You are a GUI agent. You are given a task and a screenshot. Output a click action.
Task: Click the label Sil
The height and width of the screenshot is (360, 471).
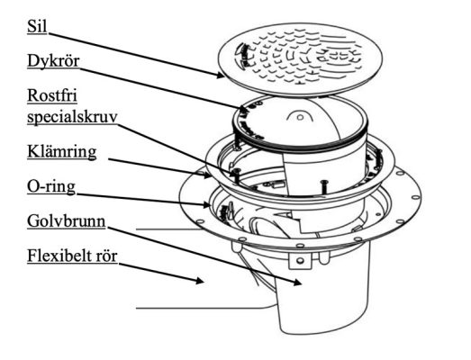tap(37, 26)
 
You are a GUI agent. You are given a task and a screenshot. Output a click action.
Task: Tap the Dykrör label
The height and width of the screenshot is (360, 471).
tap(53, 61)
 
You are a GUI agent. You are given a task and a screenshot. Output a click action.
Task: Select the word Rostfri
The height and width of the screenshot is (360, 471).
tap(52, 95)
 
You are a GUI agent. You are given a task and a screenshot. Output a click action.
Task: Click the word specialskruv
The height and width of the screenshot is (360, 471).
tap(72, 117)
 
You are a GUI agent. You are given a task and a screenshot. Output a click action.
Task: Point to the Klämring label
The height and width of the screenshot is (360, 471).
tap(61, 152)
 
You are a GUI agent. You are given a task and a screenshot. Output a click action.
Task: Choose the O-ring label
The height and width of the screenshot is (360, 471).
tap(51, 186)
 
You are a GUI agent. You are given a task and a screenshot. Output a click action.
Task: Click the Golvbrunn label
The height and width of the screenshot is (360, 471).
tap(66, 221)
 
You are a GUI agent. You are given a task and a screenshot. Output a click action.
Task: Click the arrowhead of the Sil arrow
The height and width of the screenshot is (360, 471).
tap(221, 75)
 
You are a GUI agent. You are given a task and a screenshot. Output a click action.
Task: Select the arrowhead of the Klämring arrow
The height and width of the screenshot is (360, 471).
tap(207, 175)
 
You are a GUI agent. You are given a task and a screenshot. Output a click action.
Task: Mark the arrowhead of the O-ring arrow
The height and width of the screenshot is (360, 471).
tap(205, 205)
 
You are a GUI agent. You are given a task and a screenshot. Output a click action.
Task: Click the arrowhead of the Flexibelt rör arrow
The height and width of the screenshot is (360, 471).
tap(200, 281)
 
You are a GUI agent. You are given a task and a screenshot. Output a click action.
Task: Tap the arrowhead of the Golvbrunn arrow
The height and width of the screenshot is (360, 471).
tap(298, 283)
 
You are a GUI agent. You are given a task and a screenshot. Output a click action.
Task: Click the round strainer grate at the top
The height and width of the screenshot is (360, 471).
tap(301, 58)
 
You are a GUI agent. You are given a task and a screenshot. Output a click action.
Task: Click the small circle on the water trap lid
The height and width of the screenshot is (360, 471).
tap(300, 117)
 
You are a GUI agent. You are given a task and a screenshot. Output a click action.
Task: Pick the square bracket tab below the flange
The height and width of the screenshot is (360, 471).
tap(300, 260)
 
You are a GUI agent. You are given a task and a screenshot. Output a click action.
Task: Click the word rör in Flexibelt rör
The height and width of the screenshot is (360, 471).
tap(106, 256)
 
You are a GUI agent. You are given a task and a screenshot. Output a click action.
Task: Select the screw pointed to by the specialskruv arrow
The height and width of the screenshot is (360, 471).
tap(236, 175)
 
